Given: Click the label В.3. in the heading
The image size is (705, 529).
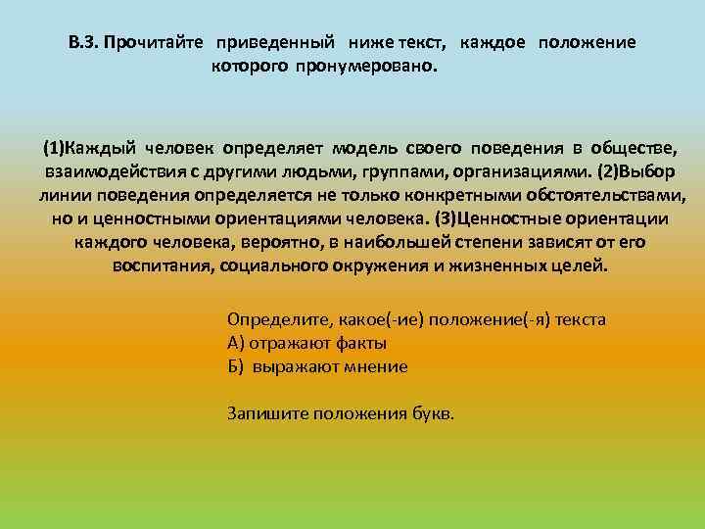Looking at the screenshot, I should pyautogui.click(x=83, y=43).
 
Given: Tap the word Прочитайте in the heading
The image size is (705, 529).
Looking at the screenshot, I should pyautogui.click(x=156, y=43).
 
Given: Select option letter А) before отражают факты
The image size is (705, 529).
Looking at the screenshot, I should pyautogui.click(x=235, y=343).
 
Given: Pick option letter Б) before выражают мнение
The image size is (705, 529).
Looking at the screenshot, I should pyautogui.click(x=235, y=366).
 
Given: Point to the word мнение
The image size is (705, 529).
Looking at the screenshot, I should pyautogui.click(x=376, y=366).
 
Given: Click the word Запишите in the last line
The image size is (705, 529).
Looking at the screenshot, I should pyautogui.click(x=267, y=412).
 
